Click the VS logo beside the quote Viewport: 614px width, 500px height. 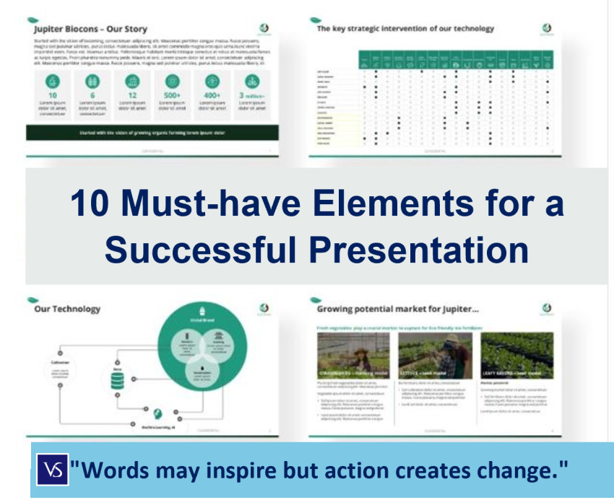click(x=54, y=470)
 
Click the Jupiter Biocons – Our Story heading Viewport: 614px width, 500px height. click(x=91, y=29)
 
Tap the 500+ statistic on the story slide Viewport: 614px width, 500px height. click(x=173, y=95)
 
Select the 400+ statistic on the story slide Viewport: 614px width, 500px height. click(x=212, y=95)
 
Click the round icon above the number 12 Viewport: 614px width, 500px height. click(x=132, y=80)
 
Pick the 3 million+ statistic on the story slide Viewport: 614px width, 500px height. click(x=252, y=95)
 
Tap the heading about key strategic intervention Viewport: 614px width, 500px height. click(x=405, y=29)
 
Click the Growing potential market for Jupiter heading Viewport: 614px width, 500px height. click(x=398, y=309)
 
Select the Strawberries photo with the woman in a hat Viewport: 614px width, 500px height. click(x=353, y=355)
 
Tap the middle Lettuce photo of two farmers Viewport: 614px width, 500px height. click(x=435, y=355)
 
